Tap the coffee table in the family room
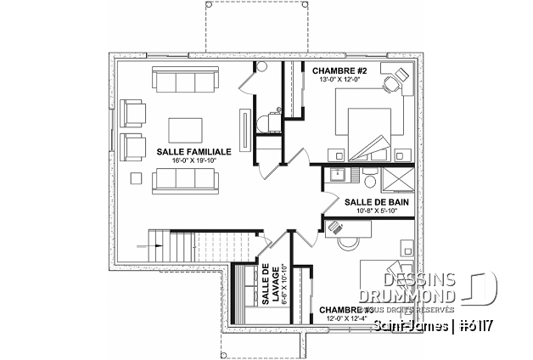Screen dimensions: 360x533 coord(185,128)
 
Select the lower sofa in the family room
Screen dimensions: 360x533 coord(185,179)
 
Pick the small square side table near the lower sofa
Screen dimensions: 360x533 coord(133,178)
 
